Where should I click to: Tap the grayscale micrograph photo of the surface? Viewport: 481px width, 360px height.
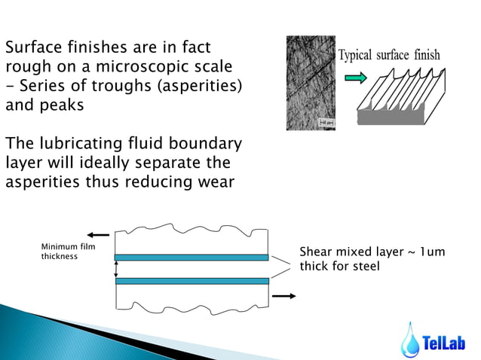coord(311,83)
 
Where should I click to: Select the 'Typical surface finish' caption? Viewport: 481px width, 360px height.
coord(389,56)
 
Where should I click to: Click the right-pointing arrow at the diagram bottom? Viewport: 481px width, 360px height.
coord(283,296)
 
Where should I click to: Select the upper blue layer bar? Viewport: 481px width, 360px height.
coord(191,258)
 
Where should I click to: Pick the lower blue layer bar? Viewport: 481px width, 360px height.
coord(191,281)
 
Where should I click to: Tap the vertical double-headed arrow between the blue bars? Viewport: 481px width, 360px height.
coord(115,269)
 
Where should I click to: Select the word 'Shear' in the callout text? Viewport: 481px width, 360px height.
coord(317,252)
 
